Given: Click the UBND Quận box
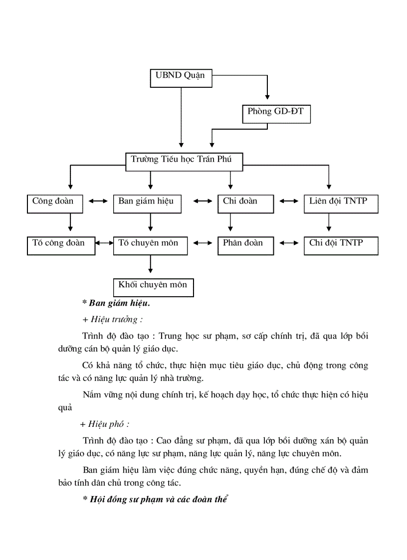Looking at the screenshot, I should (181, 77).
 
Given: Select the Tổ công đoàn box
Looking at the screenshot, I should (60, 245).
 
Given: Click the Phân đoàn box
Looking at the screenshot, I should (245, 245).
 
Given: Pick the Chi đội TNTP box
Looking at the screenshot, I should (340, 245).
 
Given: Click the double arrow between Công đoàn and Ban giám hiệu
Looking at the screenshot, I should (98, 201).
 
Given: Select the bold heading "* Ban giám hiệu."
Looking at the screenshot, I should (116, 303).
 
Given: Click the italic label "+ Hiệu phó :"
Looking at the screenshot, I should (104, 424).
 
